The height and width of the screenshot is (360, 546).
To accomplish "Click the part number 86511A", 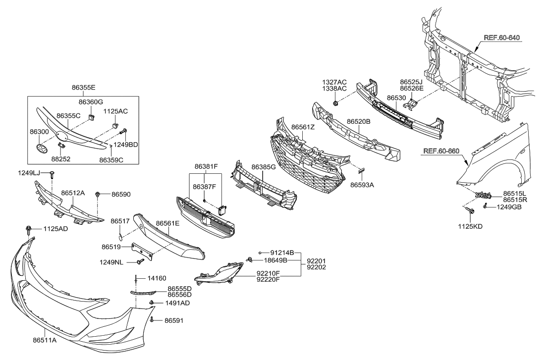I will pos(45,341).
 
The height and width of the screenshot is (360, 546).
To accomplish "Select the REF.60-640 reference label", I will pos(502,37).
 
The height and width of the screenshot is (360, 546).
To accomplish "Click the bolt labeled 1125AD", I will pos(29,229).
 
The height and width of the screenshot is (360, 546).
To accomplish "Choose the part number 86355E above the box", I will pos(83,87).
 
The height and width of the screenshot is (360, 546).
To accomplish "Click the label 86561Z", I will pos(303,127).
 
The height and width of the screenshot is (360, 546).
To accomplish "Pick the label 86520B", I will pos(359,121).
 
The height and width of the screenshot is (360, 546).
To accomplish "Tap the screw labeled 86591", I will pos(152,321).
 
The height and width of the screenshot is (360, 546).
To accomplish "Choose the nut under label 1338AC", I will pos(336,103).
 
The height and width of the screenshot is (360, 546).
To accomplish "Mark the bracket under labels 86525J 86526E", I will pos(410,104).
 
